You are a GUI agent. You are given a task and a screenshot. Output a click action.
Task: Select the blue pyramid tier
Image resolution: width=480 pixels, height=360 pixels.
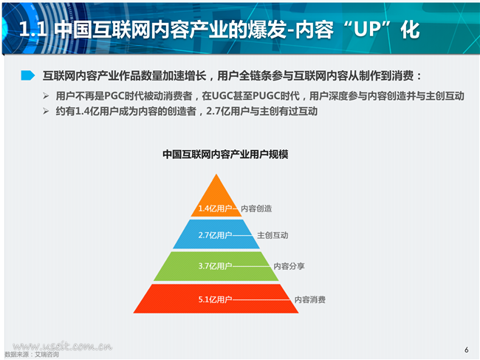tap(216, 234)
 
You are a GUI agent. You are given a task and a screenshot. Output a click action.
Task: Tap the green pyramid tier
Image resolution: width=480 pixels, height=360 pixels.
tap(216, 266)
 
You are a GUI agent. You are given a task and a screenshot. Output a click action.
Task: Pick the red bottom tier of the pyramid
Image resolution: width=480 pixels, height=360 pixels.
tap(216, 299)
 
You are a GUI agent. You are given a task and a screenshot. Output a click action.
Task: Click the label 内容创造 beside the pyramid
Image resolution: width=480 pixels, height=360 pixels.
tap(256, 208)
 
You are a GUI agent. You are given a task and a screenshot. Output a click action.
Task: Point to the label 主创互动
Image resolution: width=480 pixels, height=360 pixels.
tap(272, 235)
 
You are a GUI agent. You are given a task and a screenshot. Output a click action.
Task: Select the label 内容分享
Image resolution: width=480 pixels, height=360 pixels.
tap(289, 266)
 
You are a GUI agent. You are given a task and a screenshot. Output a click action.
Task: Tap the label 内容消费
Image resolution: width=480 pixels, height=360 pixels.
tap(310, 299)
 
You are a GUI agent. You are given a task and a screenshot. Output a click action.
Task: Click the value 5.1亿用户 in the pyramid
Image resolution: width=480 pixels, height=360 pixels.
tap(215, 299)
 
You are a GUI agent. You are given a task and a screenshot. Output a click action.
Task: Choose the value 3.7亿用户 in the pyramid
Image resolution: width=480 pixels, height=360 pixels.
tap(215, 266)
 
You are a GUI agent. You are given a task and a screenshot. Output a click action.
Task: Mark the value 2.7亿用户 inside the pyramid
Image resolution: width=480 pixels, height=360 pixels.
tap(215, 235)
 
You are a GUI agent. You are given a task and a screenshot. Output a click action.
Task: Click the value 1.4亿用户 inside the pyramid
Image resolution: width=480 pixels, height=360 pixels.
tap(215, 208)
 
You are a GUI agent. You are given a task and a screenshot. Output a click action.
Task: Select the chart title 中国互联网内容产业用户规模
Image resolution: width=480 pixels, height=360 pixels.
tap(225, 154)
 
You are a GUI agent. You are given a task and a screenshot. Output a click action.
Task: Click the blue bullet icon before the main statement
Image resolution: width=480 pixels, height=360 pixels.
tap(28, 75)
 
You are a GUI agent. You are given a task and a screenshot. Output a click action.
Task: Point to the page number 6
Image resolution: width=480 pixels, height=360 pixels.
tap(467, 350)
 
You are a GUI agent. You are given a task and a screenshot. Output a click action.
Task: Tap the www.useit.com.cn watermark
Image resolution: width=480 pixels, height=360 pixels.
tap(63, 346)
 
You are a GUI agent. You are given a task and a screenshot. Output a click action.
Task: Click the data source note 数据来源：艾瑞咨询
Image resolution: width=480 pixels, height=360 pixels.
tap(32, 355)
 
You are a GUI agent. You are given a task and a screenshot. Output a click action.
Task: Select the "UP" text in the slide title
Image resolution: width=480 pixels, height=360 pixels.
tap(371, 30)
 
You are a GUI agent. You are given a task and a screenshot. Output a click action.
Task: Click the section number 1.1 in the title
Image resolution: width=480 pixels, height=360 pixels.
tap(32, 30)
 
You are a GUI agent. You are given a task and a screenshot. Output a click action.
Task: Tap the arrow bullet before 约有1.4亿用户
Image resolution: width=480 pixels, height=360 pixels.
tap(46, 111)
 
